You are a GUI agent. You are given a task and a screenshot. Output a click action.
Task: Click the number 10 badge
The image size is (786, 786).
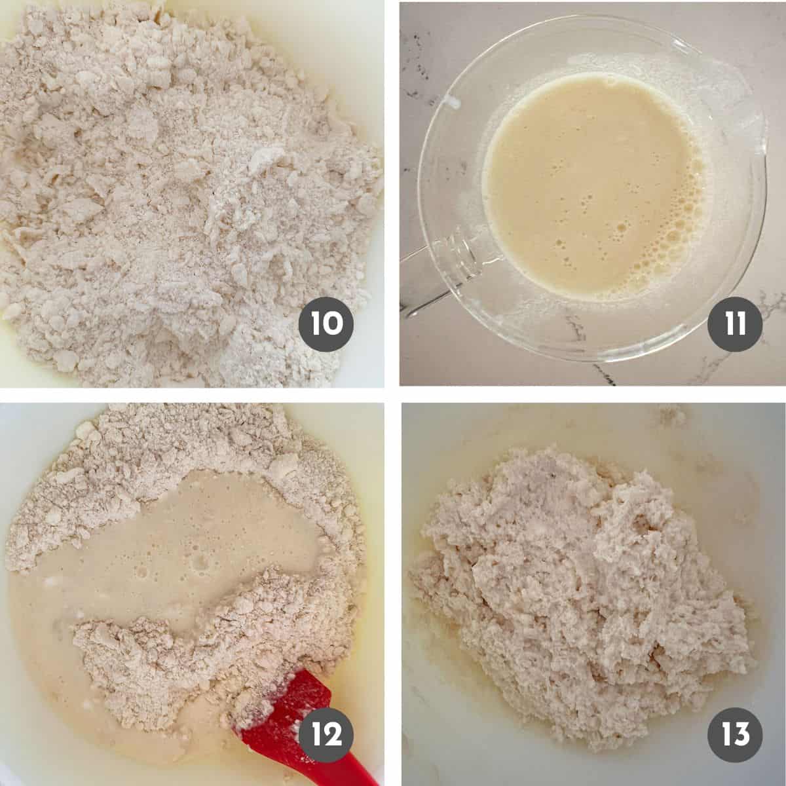[x=326, y=324]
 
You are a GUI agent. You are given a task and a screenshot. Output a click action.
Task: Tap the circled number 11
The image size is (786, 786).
[x=736, y=324]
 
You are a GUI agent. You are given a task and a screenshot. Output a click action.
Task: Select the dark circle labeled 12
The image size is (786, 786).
[x=326, y=734]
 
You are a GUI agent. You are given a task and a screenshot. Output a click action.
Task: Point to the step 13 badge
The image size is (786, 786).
[x=736, y=734]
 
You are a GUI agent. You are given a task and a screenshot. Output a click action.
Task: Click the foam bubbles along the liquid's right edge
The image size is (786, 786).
[x=688, y=196]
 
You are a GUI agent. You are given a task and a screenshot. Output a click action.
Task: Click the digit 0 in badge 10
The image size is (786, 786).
[x=335, y=324]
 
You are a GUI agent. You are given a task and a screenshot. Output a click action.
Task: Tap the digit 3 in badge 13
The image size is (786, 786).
[x=744, y=734]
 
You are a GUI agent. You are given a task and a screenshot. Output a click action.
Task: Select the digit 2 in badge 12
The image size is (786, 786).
[x=335, y=734]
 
